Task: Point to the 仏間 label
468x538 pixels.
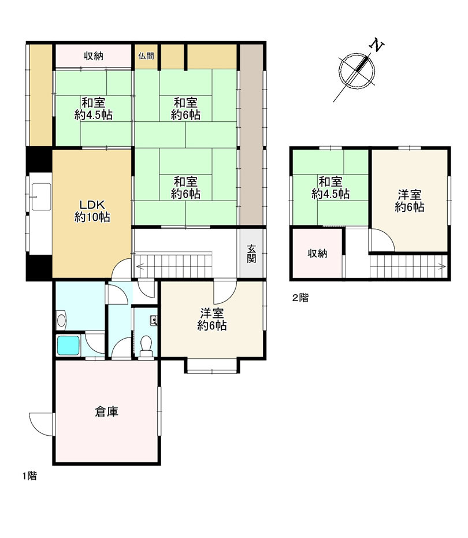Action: tap(146, 56)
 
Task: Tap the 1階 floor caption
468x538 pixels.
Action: tap(29, 476)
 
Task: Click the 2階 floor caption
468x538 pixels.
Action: tap(300, 298)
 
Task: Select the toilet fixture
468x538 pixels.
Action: tap(147, 344)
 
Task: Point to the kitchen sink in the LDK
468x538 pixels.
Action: tap(41, 196)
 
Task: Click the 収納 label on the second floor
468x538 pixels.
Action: tap(317, 254)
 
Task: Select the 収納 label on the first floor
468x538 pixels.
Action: tap(94, 56)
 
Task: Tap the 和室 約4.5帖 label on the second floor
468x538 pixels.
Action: tap(330, 188)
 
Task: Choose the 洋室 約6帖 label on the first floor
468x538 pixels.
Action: tap(212, 320)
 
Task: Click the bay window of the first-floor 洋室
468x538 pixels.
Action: tap(211, 366)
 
